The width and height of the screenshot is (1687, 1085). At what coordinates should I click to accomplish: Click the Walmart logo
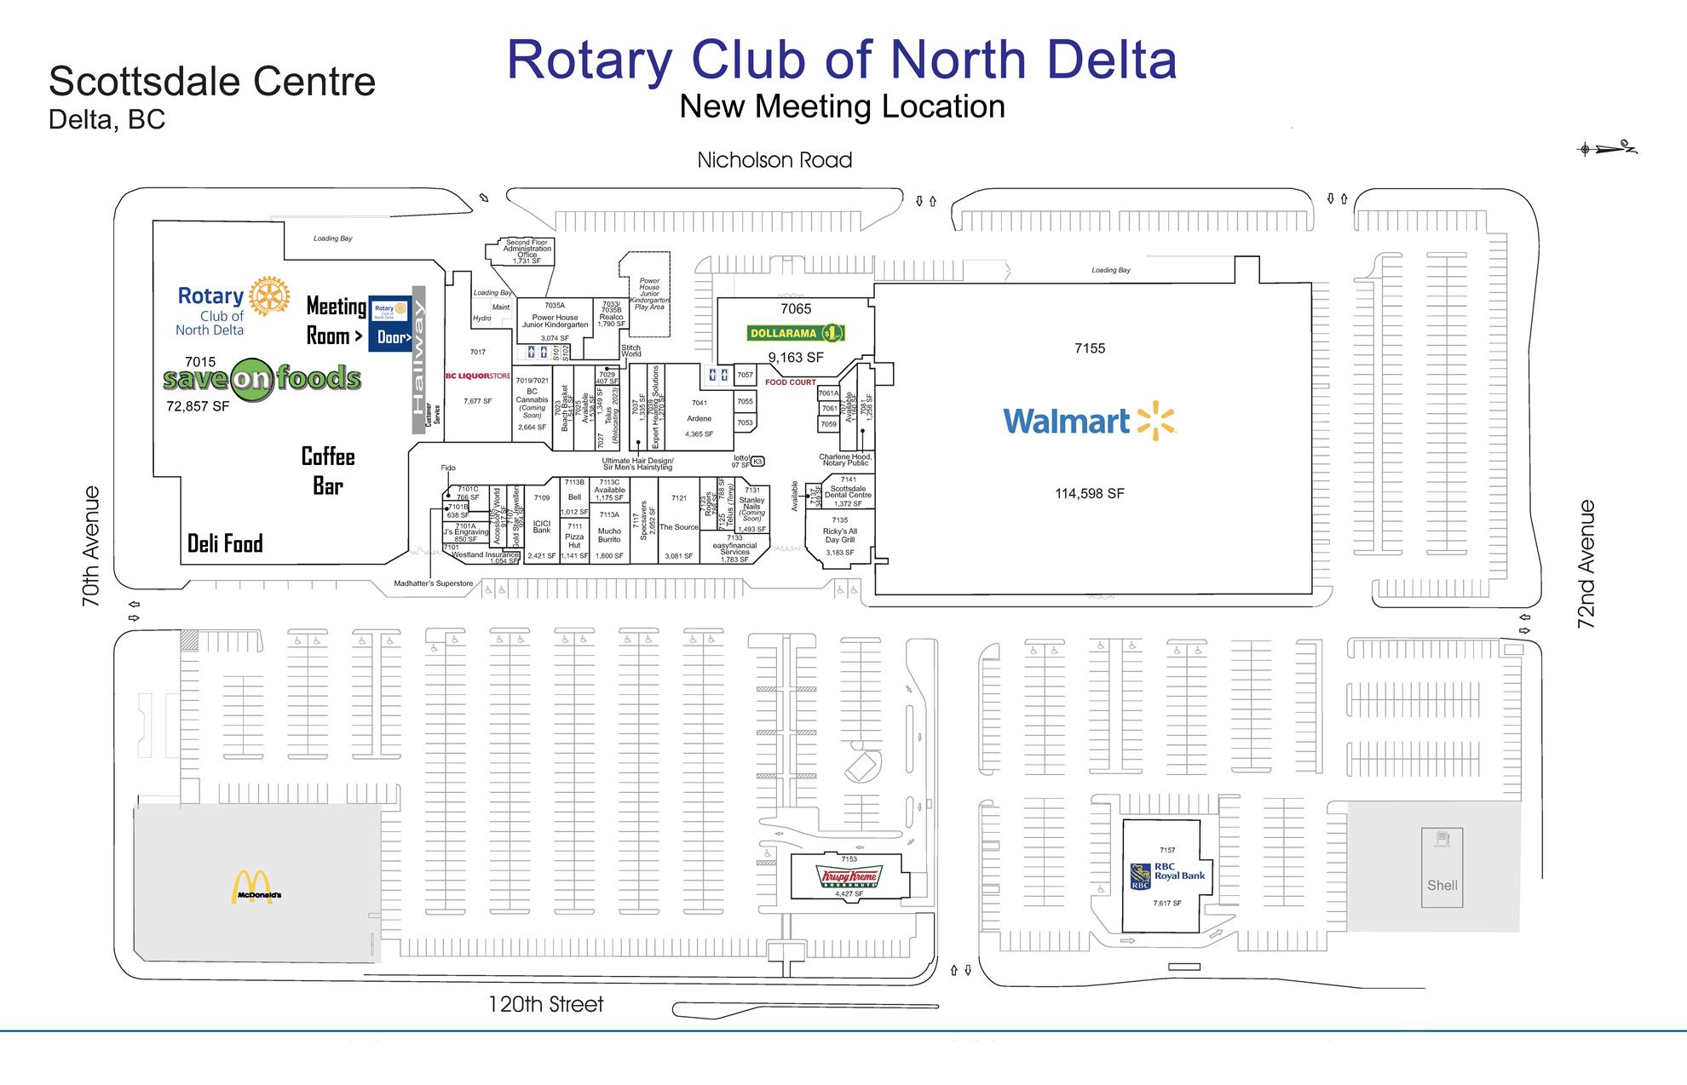(1089, 421)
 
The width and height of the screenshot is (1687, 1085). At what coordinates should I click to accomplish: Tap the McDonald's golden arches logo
(252, 887)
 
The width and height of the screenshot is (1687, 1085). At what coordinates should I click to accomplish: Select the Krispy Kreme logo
(848, 876)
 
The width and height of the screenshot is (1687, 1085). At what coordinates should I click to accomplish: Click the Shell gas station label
(1442, 885)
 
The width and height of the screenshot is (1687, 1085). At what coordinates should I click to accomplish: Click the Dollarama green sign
(795, 333)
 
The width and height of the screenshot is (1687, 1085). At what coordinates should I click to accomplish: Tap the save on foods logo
(262, 378)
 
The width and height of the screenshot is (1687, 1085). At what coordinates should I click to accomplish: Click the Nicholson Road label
(774, 160)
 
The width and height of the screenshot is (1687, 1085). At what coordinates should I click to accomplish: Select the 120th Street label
(545, 1004)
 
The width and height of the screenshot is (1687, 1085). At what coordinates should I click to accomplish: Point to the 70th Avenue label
(90, 546)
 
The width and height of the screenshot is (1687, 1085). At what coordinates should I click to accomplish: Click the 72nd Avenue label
(1586, 564)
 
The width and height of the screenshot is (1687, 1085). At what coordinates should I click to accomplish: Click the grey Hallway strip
(418, 359)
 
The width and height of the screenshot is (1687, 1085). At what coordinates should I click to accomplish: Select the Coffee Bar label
(328, 471)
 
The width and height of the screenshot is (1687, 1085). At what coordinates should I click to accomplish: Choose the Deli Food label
(225, 543)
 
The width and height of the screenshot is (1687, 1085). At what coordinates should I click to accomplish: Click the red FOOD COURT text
(790, 382)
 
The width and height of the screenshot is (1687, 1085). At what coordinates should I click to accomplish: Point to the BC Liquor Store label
(478, 376)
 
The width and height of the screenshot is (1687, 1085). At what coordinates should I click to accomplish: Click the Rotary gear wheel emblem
(268, 296)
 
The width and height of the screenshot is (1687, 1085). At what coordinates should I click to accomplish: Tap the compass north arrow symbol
(1607, 149)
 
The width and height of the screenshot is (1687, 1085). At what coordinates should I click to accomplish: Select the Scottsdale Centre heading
(212, 82)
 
